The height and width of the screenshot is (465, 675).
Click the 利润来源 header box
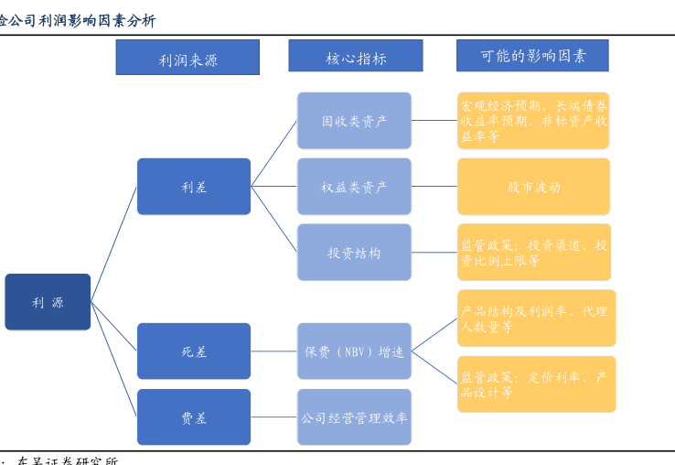(187, 58)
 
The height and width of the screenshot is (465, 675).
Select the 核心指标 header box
(356, 56)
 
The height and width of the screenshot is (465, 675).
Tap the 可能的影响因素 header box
(532, 55)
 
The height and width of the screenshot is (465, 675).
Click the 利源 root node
(48, 302)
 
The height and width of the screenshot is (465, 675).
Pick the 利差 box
(194, 187)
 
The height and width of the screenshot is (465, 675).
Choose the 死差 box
(194, 351)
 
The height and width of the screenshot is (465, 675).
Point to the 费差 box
(194, 417)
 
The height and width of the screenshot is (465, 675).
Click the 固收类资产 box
(354, 121)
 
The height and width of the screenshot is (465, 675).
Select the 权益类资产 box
(354, 187)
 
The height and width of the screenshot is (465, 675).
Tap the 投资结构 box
(354, 253)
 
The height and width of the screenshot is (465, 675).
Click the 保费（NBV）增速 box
(354, 351)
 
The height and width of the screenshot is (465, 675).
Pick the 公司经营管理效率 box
(354, 417)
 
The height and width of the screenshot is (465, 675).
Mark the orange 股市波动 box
(533, 187)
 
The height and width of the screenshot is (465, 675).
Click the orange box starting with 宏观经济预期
(533, 121)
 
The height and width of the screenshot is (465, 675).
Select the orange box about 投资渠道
(533, 253)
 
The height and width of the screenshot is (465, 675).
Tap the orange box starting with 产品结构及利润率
(536, 319)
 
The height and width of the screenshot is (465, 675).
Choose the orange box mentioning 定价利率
(536, 384)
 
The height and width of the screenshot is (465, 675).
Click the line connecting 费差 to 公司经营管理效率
(273, 417)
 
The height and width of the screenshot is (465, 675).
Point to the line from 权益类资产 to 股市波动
(434, 187)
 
